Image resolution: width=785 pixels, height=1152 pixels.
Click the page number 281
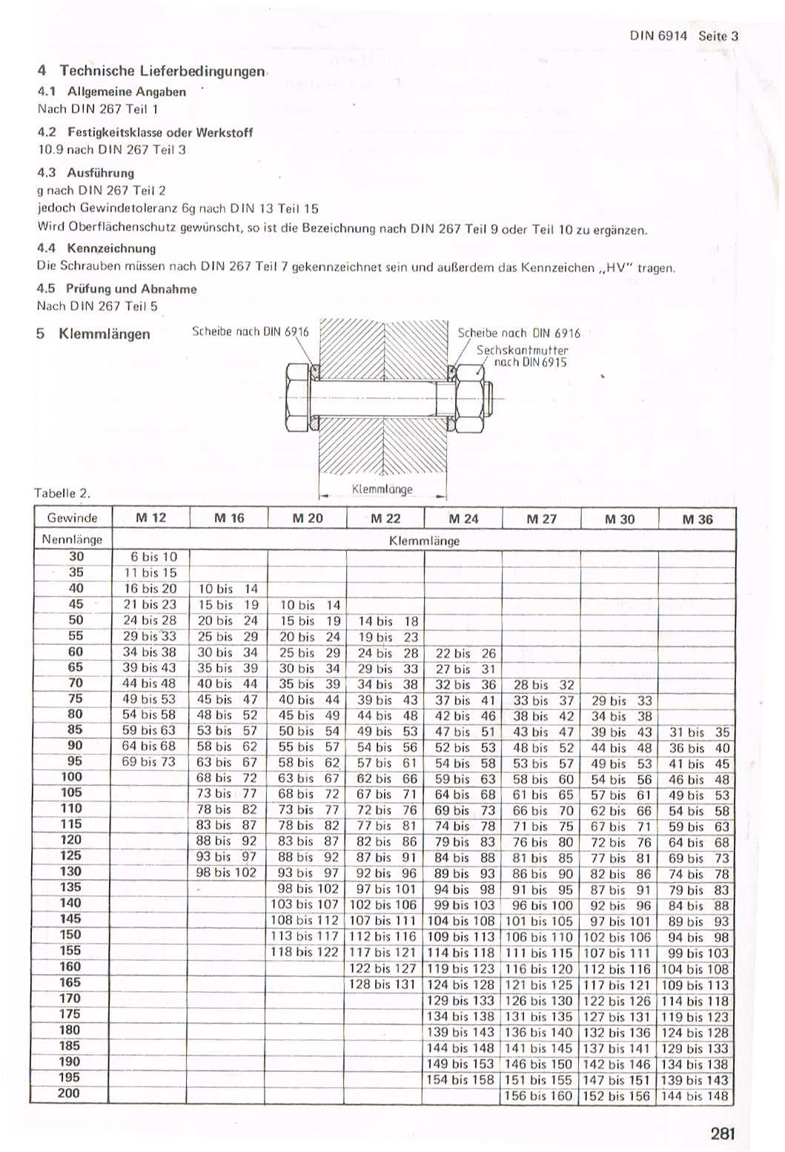point(721,1133)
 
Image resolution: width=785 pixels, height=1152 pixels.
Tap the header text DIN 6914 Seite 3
point(684,36)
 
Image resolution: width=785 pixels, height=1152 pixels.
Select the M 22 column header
point(385,518)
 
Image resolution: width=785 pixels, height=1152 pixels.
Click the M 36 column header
point(697,519)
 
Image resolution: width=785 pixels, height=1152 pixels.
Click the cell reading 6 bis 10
point(150,557)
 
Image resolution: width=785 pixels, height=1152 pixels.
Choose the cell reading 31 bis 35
point(698,732)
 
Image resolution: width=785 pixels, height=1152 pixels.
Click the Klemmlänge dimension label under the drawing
point(382,489)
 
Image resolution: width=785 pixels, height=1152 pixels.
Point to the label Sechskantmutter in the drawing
point(522,350)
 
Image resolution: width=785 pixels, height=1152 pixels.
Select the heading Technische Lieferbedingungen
point(162,71)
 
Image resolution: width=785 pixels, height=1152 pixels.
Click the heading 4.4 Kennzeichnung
point(96,248)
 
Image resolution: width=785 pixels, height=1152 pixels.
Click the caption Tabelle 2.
point(62,493)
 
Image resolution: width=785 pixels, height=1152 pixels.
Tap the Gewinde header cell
point(72,517)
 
